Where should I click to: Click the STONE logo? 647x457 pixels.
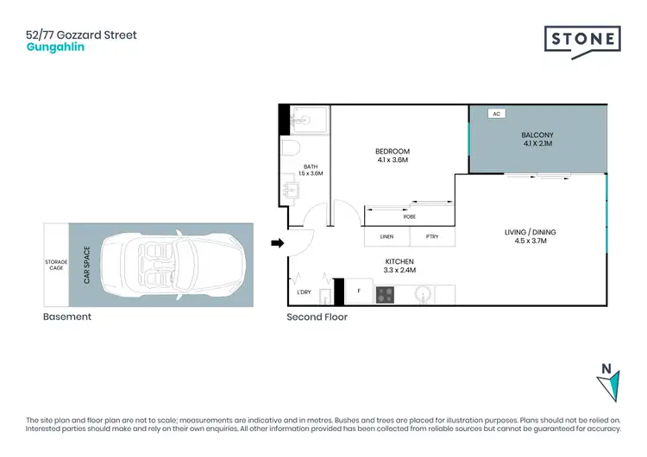click(582, 41)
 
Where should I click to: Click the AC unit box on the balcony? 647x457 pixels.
click(496, 113)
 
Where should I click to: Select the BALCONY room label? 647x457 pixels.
click(537, 135)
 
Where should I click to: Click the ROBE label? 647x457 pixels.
click(410, 216)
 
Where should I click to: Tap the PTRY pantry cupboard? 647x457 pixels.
click(430, 237)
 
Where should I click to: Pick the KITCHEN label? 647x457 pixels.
click(399, 260)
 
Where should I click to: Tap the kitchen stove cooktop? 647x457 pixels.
click(385, 294)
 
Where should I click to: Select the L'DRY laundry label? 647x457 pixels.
click(304, 292)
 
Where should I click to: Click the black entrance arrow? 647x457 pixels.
click(277, 244)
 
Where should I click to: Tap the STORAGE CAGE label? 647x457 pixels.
click(55, 265)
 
